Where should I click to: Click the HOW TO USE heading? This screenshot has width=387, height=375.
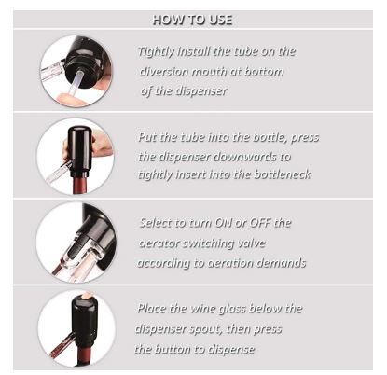192,20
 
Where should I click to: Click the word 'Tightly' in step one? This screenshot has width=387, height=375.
156,52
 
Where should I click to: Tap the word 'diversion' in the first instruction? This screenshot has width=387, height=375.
164,72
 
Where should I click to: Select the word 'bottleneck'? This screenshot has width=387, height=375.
283,174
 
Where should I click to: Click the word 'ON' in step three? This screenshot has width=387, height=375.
223,223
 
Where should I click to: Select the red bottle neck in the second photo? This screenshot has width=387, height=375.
80,185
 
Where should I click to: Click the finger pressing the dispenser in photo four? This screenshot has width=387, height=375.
85,295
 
